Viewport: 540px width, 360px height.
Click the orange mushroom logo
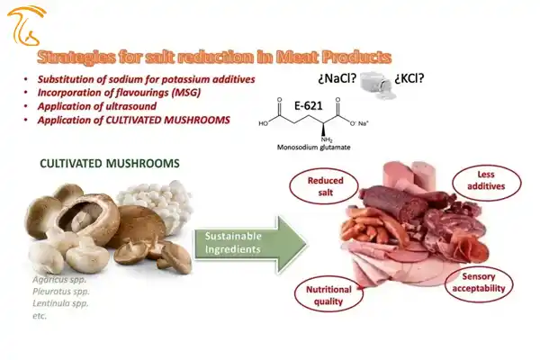[x=26, y=26]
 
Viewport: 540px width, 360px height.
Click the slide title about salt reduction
[x=214, y=58]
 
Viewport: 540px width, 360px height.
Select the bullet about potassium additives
[x=147, y=79]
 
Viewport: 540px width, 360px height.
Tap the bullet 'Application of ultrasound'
[x=97, y=106]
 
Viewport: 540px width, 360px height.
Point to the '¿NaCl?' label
[x=337, y=79]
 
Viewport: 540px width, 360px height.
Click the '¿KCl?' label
[x=409, y=78]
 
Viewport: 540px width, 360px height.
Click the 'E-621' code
[x=309, y=106]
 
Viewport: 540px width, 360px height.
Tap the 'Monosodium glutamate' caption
[x=314, y=148]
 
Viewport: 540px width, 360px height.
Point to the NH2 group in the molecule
[x=327, y=139]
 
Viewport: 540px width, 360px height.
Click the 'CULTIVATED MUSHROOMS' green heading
[x=110, y=163]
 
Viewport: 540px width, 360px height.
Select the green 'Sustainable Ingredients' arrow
[x=250, y=244]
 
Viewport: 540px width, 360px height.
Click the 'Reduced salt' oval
[x=325, y=186]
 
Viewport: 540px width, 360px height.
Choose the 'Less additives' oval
[x=486, y=181]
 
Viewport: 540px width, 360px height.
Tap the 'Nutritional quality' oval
[x=328, y=295]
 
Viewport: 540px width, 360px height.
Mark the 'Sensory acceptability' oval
[x=479, y=283]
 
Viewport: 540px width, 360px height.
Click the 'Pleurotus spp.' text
[x=61, y=292]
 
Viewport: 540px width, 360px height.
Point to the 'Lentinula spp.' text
[x=60, y=303]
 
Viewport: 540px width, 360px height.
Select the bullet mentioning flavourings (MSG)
[x=119, y=93]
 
